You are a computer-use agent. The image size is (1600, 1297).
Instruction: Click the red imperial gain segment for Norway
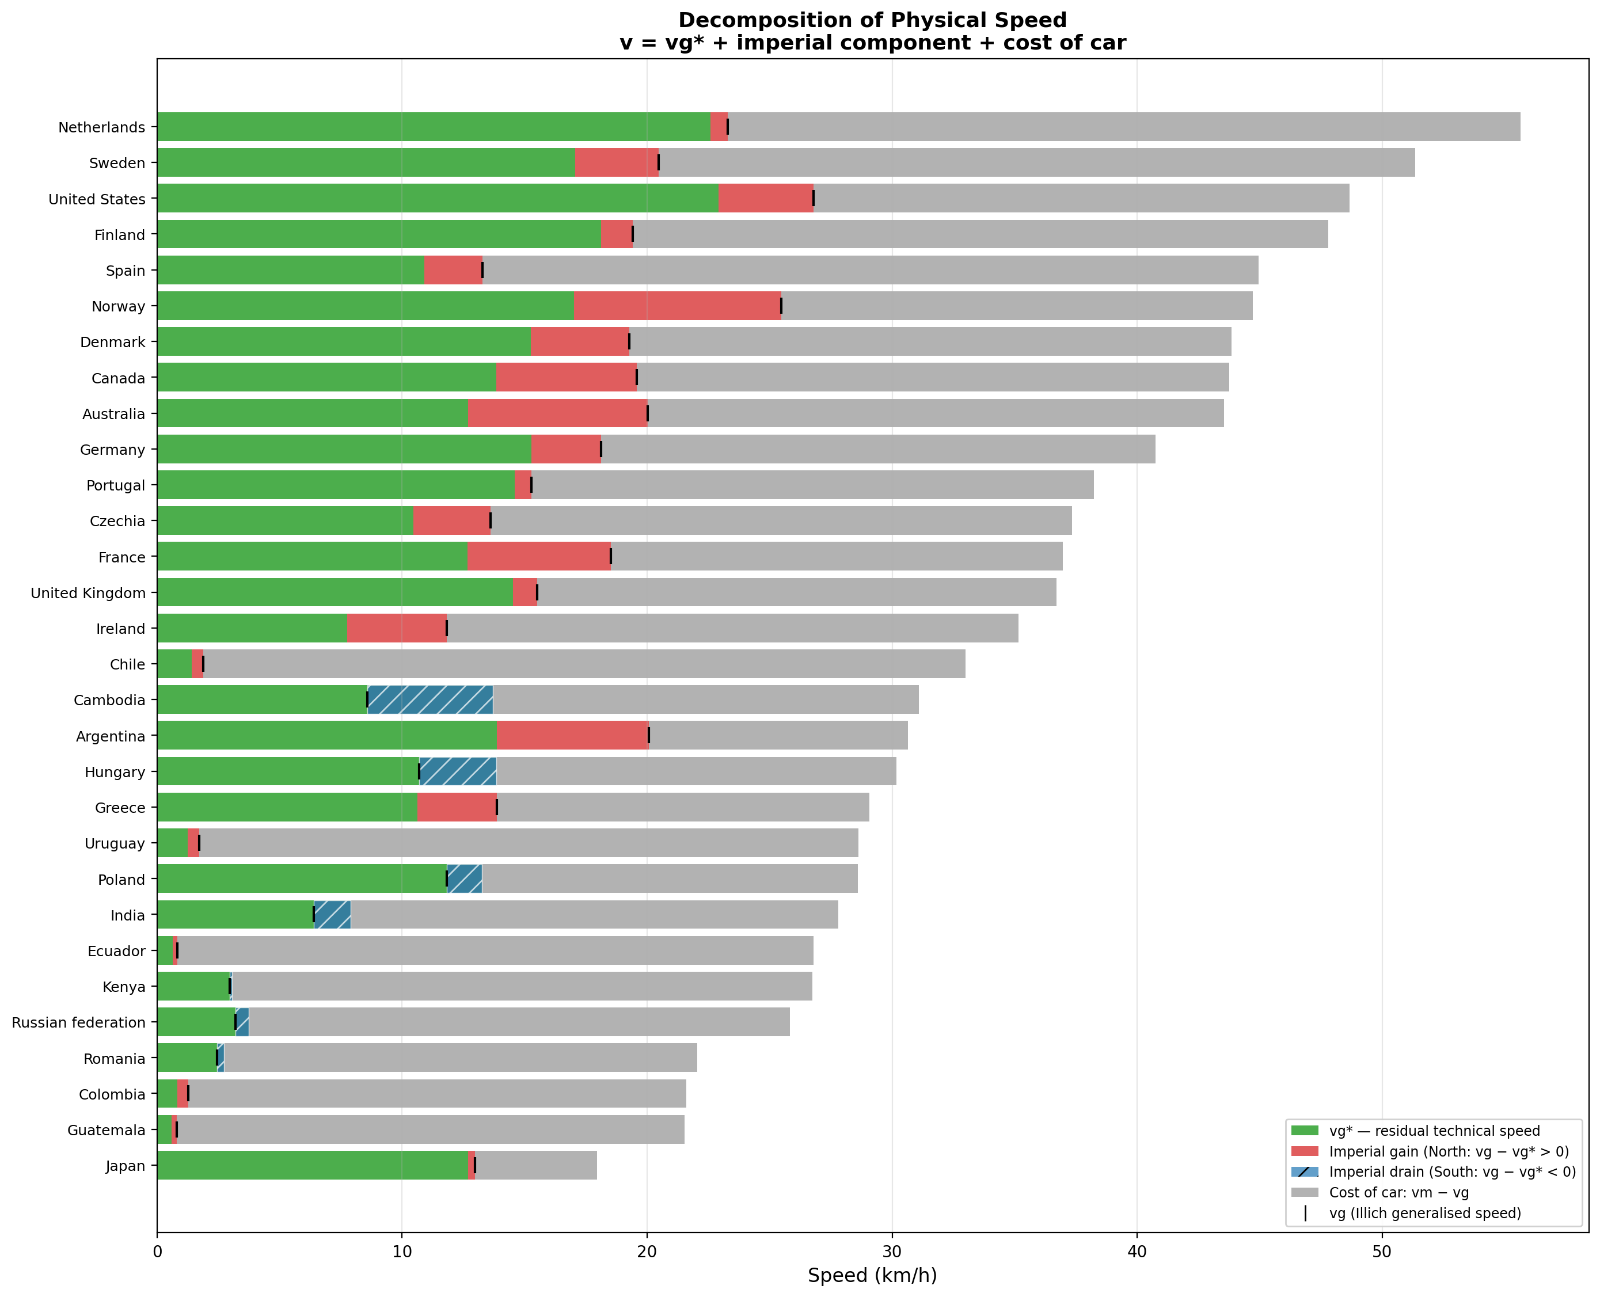677,306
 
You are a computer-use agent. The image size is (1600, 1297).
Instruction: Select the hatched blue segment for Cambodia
430,699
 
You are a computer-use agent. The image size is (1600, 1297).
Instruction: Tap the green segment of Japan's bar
313,1165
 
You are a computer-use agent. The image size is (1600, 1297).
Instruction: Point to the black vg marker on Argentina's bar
649,735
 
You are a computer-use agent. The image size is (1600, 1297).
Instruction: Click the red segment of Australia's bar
557,413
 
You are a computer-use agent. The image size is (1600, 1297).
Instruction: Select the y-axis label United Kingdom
88,593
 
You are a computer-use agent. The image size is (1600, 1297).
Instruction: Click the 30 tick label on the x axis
892,1251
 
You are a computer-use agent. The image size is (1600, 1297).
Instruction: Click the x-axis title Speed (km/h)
872,1275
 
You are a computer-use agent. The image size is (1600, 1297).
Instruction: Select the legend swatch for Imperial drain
1304,1172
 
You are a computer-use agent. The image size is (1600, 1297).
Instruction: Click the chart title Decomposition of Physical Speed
872,20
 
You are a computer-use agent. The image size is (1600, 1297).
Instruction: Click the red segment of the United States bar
765,198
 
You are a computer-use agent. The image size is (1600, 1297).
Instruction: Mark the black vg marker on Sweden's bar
659,162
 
